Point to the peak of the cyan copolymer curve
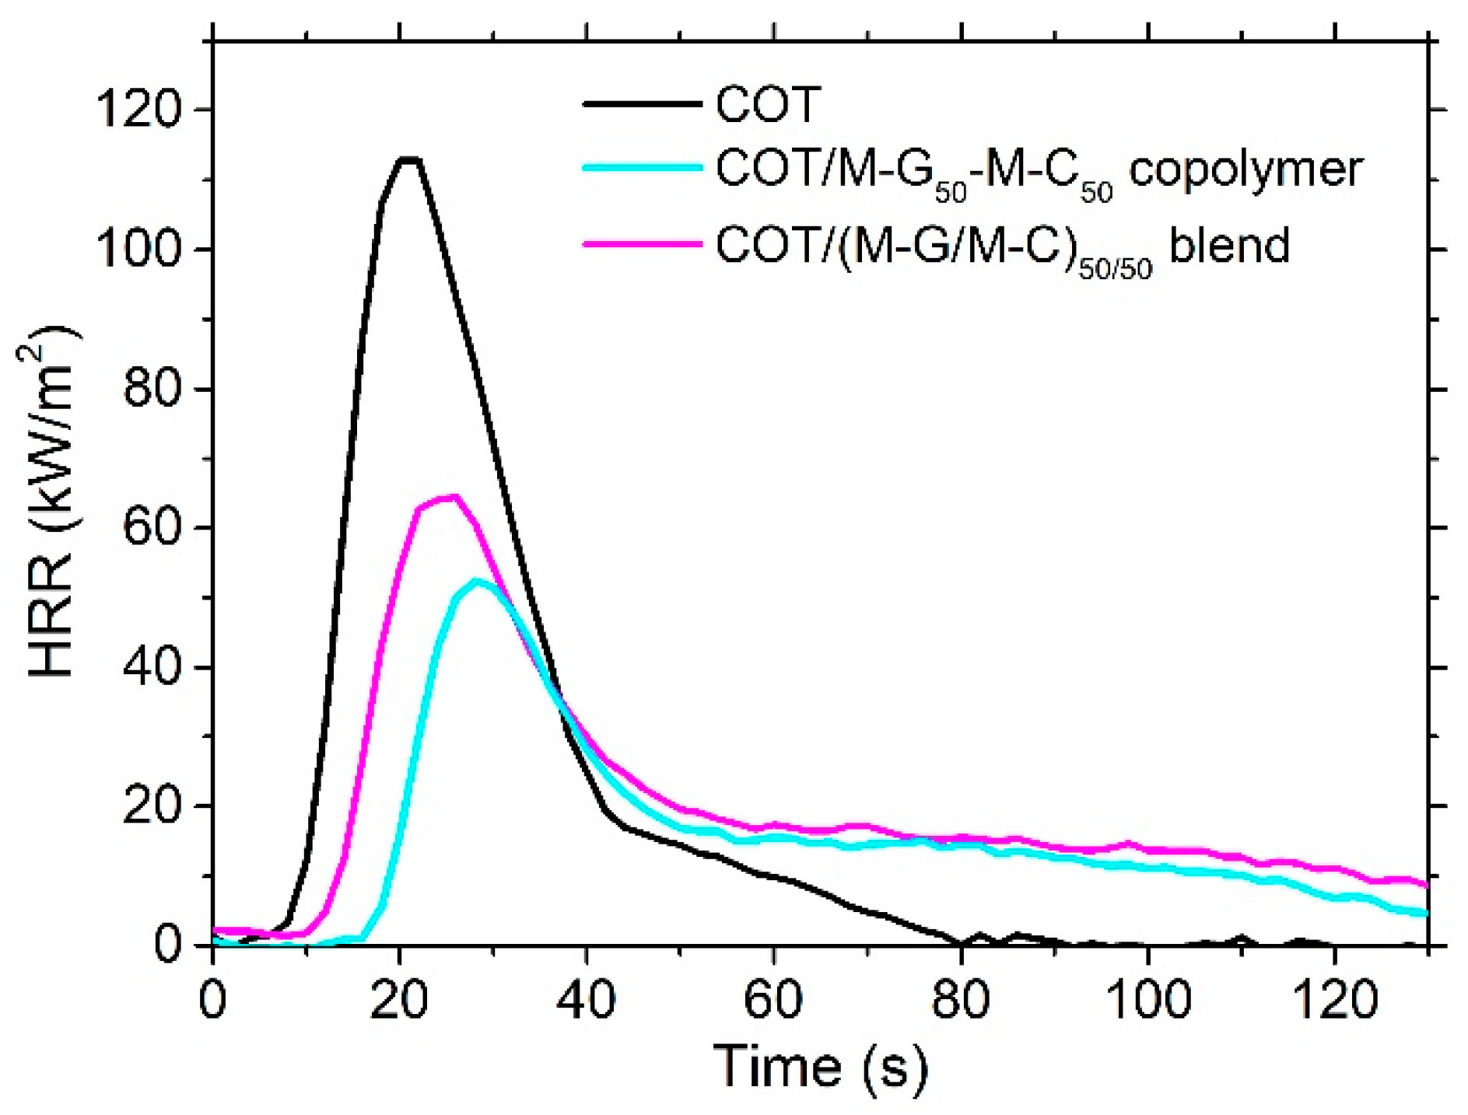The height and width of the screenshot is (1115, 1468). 477,581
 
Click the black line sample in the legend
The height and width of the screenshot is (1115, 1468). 643,103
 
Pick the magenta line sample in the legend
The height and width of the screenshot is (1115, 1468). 643,243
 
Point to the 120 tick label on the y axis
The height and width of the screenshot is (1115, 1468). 138,109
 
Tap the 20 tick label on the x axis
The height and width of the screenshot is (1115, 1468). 399,1001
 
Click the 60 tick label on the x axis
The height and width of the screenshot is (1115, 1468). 773,1001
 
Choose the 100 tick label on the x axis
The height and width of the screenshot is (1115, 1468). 1147,1001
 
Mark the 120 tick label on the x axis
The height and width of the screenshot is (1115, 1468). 1335,1001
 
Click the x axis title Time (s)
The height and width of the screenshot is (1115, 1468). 821,1067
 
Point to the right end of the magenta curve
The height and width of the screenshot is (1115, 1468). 1426,885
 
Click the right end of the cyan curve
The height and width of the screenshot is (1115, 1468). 1426,913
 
